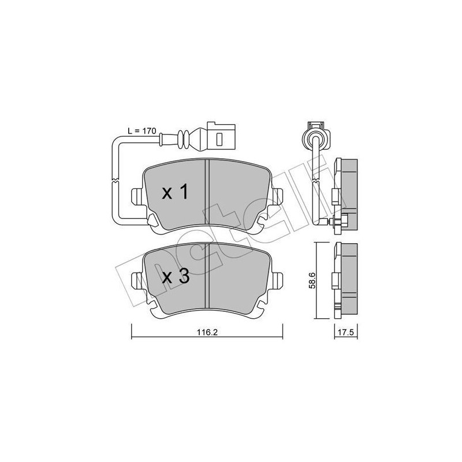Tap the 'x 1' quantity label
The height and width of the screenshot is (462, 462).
(x=174, y=193)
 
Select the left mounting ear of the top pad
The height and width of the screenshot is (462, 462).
(x=137, y=196)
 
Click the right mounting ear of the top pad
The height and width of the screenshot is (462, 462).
(x=277, y=196)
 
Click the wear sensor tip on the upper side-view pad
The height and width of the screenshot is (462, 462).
(x=344, y=219)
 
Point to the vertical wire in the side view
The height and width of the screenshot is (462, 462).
(x=317, y=179)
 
